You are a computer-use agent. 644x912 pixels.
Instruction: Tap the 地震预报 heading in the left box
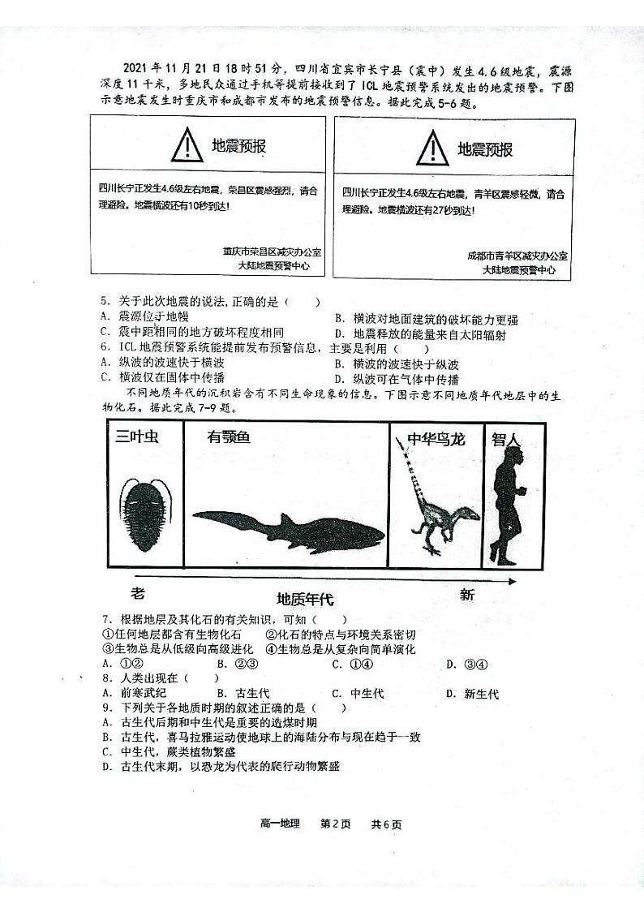[238, 146]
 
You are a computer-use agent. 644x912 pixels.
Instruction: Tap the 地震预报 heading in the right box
[485, 149]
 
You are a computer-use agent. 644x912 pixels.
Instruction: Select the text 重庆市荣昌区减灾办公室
[272, 252]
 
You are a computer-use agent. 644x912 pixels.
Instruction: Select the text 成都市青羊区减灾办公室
[517, 256]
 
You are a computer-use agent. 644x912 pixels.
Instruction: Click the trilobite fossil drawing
[143, 512]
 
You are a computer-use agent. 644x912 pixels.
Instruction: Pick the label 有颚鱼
[229, 437]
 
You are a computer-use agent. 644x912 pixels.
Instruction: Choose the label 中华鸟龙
[436, 439]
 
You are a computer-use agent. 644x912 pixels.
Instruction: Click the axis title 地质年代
[305, 600]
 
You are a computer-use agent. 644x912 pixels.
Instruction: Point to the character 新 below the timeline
[467, 595]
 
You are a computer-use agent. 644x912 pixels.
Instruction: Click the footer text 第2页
[336, 824]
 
